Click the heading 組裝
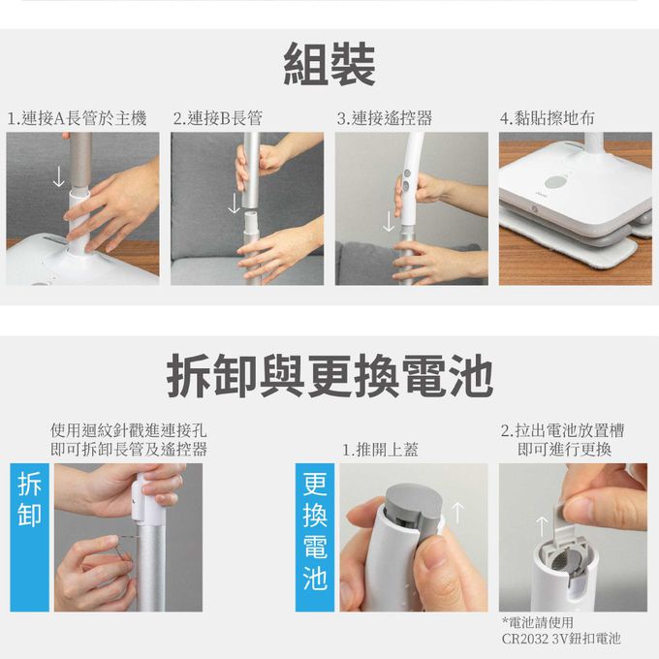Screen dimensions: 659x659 [x=329, y=64]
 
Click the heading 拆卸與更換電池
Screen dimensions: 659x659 [x=329, y=376]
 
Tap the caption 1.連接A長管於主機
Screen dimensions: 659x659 [x=77, y=118]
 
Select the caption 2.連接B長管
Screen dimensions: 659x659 [x=217, y=118]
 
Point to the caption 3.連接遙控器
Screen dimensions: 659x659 [x=384, y=118]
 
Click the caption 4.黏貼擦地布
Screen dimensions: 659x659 [x=548, y=118]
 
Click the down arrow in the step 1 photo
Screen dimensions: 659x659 [x=59, y=176]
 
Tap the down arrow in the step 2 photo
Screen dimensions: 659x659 [x=234, y=203]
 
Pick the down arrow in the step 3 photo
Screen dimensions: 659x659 [x=389, y=221]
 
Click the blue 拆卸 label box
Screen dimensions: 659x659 [x=29, y=537]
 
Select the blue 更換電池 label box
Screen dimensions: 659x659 [x=315, y=537]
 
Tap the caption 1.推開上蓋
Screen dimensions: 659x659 [x=380, y=450]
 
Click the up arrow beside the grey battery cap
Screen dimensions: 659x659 [x=457, y=514]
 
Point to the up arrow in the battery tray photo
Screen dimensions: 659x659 [x=542, y=526]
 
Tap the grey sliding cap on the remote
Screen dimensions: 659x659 [x=414, y=510]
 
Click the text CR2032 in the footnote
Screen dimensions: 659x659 [x=525, y=639]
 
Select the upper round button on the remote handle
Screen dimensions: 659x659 [x=406, y=173]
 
